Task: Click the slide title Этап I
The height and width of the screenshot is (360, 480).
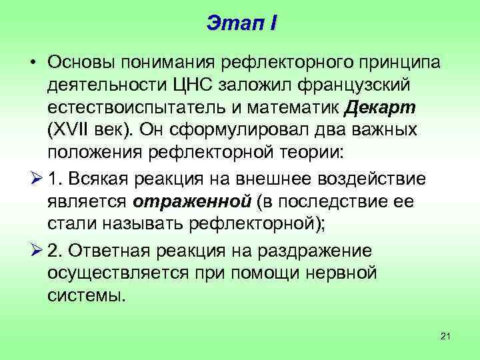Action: (x=241, y=23)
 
